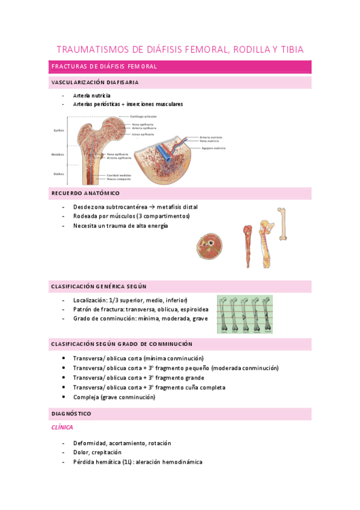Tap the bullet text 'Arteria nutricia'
coord(92,96)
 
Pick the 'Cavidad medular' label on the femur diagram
coord(119,175)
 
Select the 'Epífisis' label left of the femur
coord(59,129)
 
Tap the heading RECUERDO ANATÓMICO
coord(85,193)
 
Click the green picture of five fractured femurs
coord(246,313)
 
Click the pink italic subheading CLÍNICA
coord(62,427)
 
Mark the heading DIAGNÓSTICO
coord(72,414)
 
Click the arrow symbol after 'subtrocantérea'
coord(133,207)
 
